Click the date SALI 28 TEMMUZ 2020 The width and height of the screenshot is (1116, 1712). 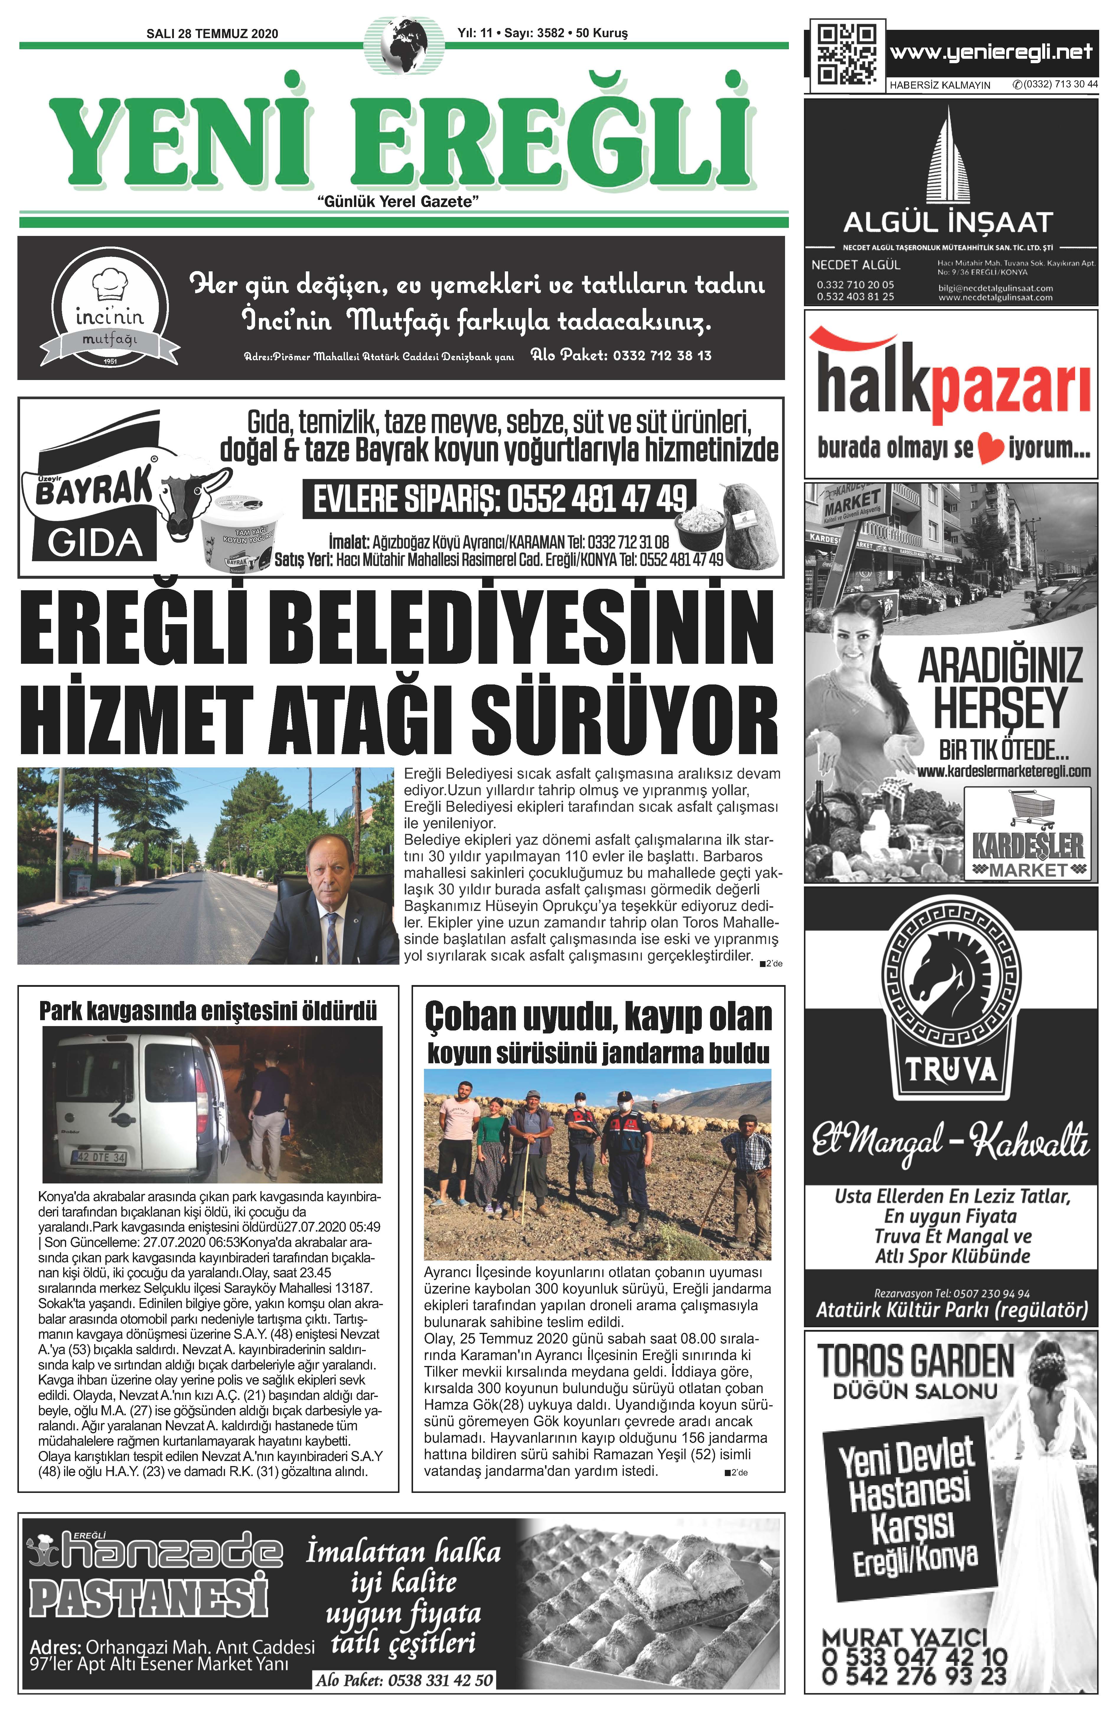[x=212, y=34]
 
